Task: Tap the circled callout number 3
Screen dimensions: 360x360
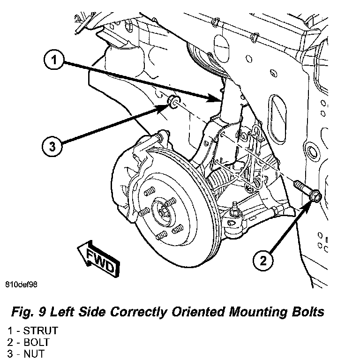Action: point(52,146)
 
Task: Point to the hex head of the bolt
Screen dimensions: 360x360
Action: point(315,196)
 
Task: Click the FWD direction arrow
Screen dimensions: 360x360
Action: point(98,258)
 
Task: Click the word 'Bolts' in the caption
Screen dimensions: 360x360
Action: point(307,312)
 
